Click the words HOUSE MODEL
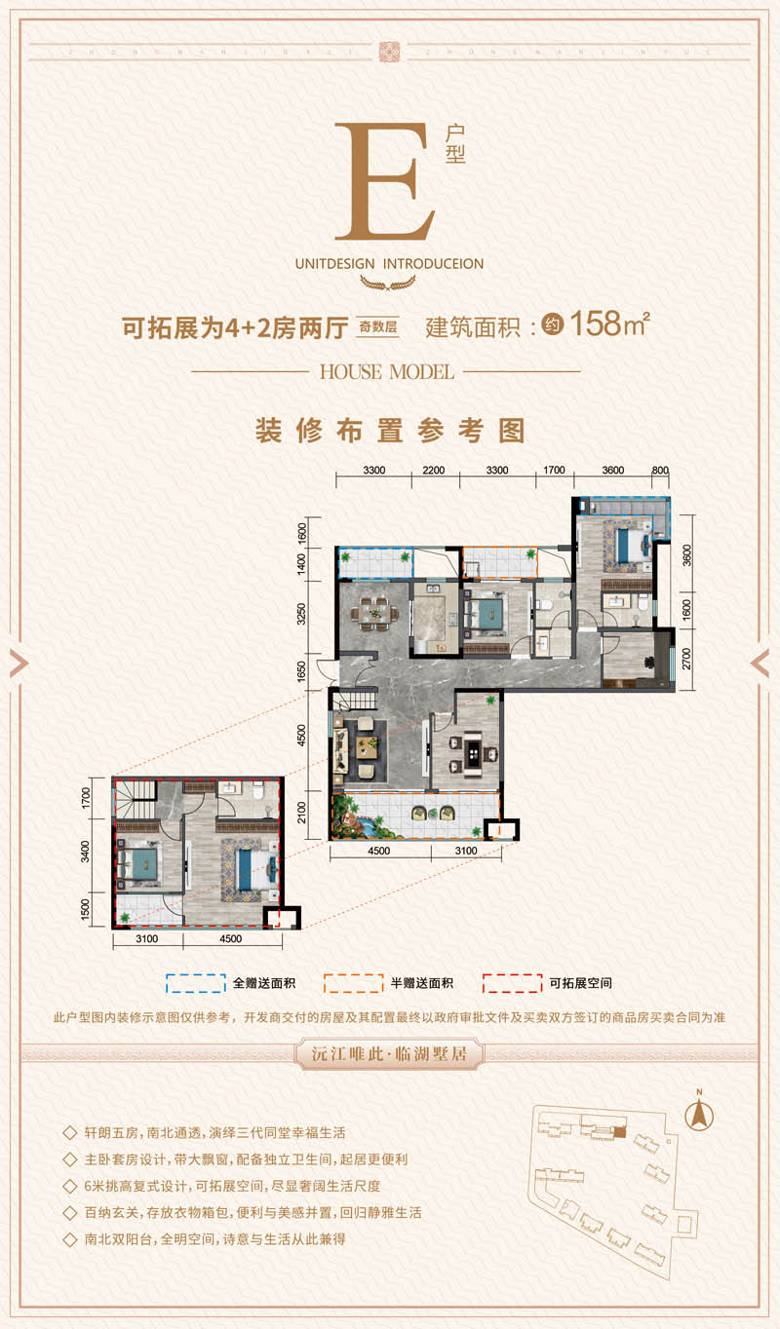(x=386, y=371)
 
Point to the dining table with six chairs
(x=374, y=613)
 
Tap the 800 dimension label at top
(x=660, y=471)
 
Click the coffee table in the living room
(x=369, y=745)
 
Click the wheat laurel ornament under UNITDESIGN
(x=387, y=284)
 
